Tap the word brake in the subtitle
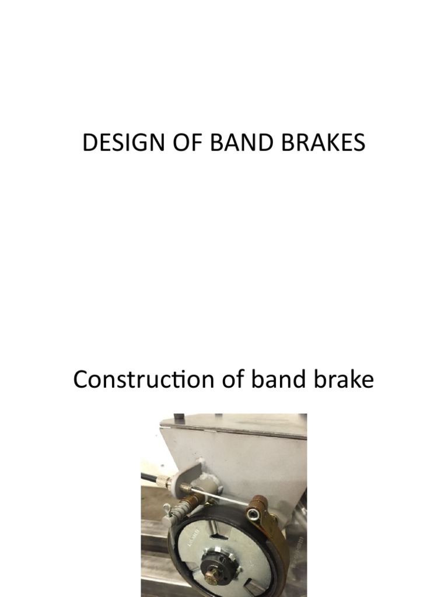coord(344,380)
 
